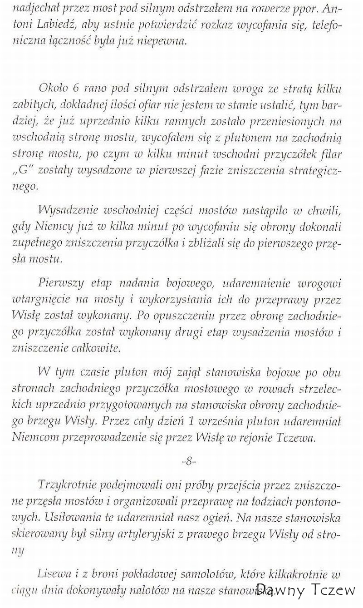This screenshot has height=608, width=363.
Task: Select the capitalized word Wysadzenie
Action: [x=69, y=211]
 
